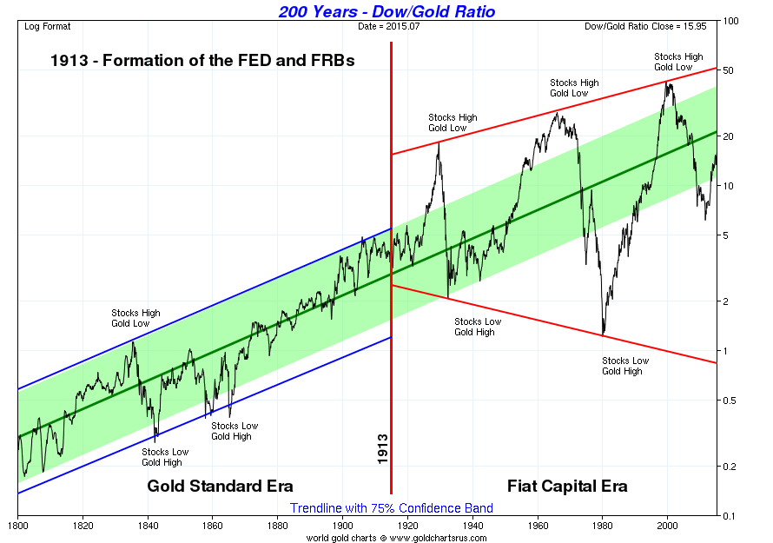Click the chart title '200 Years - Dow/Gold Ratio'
pyautogui.click(x=386, y=11)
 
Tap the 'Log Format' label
pyautogui.click(x=48, y=26)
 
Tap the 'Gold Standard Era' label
pyautogui.click(x=220, y=485)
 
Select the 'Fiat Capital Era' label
pyautogui.click(x=566, y=485)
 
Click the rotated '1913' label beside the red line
pyautogui.click(x=383, y=449)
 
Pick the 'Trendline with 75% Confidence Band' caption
pyautogui.click(x=392, y=508)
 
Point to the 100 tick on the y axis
pyautogui.click(x=732, y=21)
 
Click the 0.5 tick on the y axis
pyautogui.click(x=730, y=401)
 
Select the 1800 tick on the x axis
pyautogui.click(x=18, y=526)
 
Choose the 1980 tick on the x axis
pyautogui.click(x=603, y=526)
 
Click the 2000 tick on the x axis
pyautogui.click(x=667, y=526)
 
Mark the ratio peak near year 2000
pyautogui.click(x=666, y=83)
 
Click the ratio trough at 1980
pyautogui.click(x=603, y=334)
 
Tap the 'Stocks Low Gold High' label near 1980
pyautogui.click(x=625, y=366)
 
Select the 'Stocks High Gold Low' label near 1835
pyautogui.click(x=135, y=318)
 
